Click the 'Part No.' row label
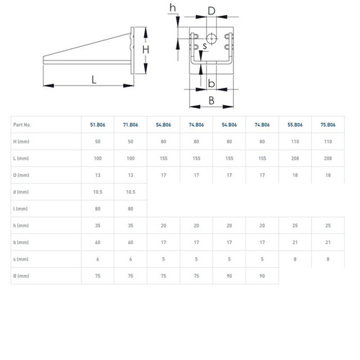coord(22,125)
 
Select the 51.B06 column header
coord(98,125)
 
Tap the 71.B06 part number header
coord(130,125)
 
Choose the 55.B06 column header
coord(295,125)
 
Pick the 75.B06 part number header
coord(328,125)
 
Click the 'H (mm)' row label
coord(21,142)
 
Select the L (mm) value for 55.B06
coord(295,158)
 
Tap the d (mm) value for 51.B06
coord(98,192)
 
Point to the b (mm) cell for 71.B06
coord(130,243)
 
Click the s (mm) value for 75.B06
coord(328,259)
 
